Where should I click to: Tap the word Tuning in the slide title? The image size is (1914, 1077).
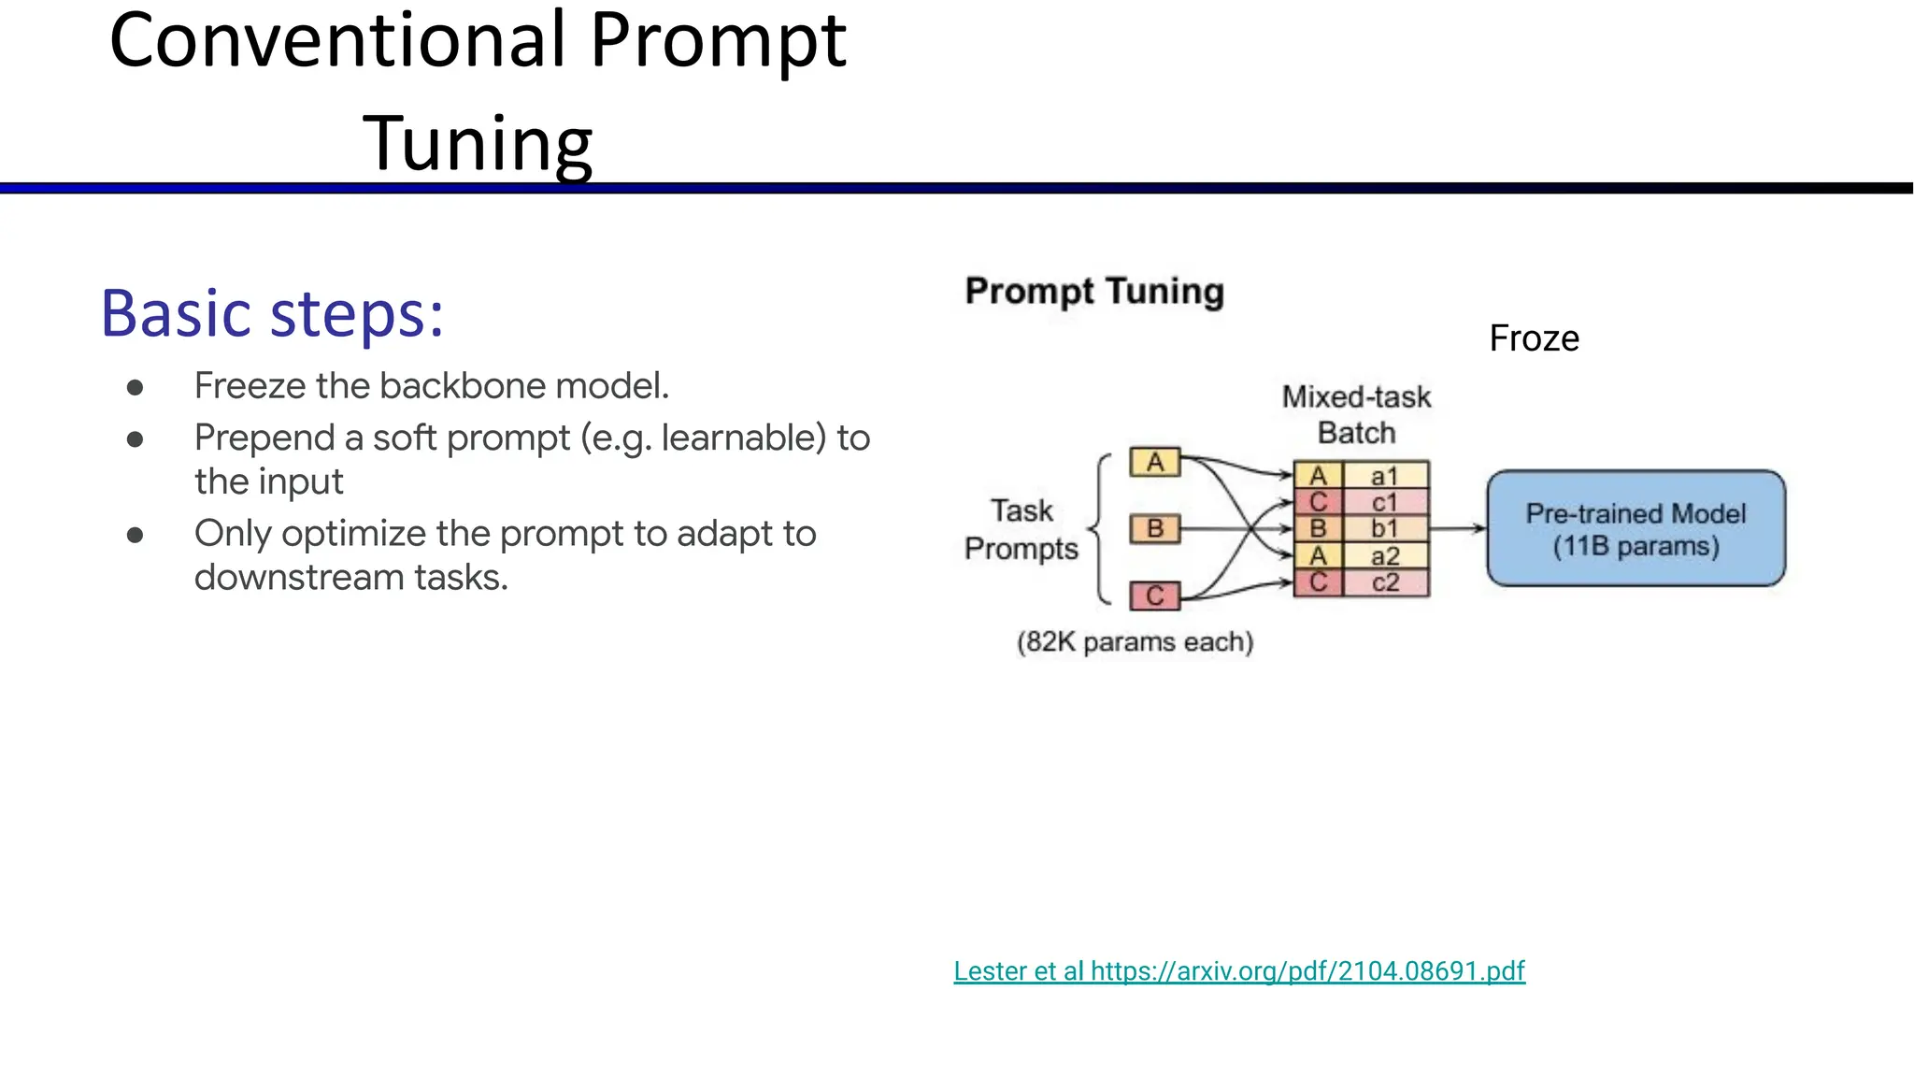pos(478,144)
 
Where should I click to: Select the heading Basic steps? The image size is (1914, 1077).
pos(272,314)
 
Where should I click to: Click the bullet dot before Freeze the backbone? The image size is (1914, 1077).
pos(136,387)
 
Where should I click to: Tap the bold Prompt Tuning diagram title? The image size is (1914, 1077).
pos(1094,291)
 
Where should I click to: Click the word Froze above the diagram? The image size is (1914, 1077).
pos(1534,338)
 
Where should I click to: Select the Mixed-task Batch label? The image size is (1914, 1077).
pos(1356,415)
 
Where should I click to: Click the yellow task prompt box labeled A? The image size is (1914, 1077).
pos(1155,463)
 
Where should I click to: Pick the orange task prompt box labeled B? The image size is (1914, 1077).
pos(1155,529)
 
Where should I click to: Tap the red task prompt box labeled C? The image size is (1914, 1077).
pos(1155,596)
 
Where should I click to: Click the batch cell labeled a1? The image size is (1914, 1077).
pos(1385,476)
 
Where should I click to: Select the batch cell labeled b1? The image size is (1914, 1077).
pos(1385,529)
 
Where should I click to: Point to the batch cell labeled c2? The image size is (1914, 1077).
pos(1385,583)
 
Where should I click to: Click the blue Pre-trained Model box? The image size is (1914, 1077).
pos(1635,529)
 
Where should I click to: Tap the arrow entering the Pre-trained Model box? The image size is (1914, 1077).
pos(1458,529)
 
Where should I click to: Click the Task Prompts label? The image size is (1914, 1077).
pos(1021,530)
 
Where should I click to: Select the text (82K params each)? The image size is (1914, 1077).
pos(1135,642)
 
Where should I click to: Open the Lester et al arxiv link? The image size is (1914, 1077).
pos(1239,971)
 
